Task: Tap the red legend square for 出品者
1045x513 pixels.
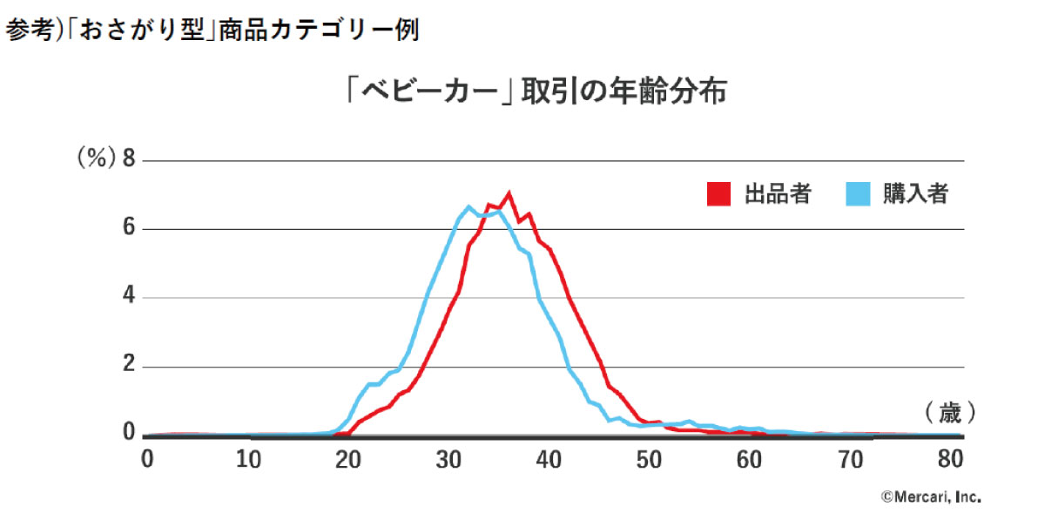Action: tap(718, 194)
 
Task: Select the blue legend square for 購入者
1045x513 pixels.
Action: tap(858, 194)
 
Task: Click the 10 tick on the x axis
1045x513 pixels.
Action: tap(250, 458)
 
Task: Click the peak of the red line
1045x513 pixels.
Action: tap(509, 193)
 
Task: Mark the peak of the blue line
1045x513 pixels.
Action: tap(469, 206)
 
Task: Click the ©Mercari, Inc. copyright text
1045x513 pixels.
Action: tap(931, 497)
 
